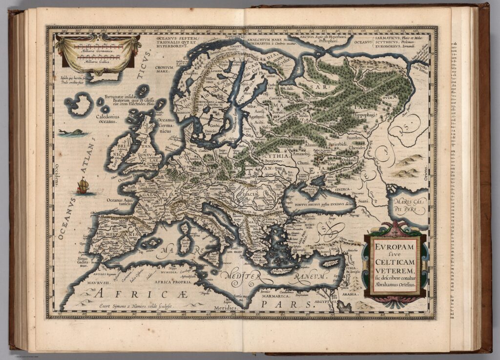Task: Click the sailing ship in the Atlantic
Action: tap(83, 185)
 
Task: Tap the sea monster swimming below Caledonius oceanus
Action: tap(67, 132)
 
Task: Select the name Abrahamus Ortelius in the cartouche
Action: tap(395, 284)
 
